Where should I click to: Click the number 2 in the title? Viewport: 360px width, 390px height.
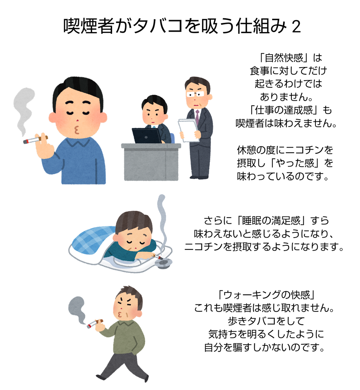tap(296, 27)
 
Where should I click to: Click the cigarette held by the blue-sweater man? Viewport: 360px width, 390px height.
tap(36, 139)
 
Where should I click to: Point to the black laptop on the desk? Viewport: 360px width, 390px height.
tap(147, 136)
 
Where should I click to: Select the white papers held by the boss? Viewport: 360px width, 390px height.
tap(188, 130)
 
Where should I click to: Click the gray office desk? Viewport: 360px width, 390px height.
tap(151, 162)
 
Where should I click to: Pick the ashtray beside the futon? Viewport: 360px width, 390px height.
tap(163, 264)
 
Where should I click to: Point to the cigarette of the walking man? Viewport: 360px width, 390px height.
tap(95, 323)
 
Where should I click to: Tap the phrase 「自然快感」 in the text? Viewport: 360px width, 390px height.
tap(283, 58)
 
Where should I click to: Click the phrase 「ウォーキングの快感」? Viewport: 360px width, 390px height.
tap(266, 295)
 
